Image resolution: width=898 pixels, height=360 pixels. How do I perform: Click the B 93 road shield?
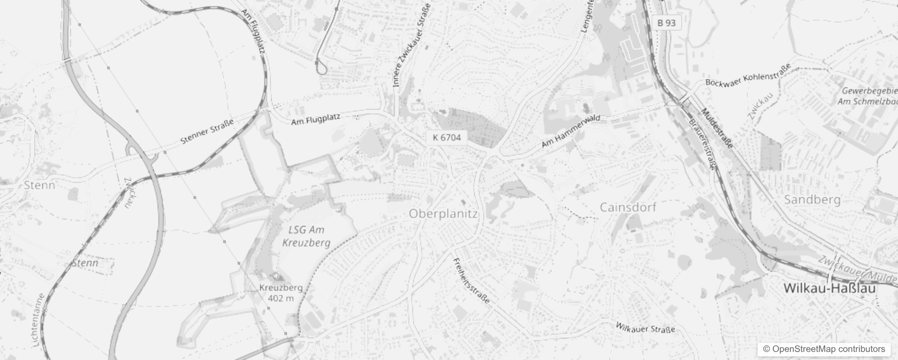pyautogui.click(x=666, y=22)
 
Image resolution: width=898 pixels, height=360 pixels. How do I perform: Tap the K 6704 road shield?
pyautogui.click(x=447, y=137)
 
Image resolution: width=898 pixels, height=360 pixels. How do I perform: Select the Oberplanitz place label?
pyautogui.click(x=443, y=214)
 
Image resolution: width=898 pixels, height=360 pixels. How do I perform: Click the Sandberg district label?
pyautogui.click(x=812, y=199)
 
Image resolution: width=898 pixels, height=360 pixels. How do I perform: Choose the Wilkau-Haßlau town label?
pyautogui.click(x=830, y=288)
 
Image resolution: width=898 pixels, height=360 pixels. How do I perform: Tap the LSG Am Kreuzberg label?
pyautogui.click(x=306, y=236)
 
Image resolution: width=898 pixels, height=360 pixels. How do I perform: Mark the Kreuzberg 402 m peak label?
pyautogui.click(x=281, y=292)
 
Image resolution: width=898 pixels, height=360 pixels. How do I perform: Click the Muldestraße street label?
pyautogui.click(x=717, y=129)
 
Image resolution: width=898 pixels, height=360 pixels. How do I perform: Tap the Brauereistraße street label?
pyautogui.click(x=702, y=144)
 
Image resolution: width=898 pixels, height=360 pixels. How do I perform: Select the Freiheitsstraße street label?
pyautogui.click(x=471, y=281)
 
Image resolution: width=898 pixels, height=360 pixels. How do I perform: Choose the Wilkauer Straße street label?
pyautogui.click(x=645, y=328)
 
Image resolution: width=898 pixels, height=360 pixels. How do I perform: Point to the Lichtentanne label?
pyautogui.click(x=39, y=320)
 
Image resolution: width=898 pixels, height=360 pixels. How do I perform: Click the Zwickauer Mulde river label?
pyautogui.click(x=858, y=270)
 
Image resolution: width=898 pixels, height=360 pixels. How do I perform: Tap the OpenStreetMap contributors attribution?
pyautogui.click(x=823, y=349)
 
